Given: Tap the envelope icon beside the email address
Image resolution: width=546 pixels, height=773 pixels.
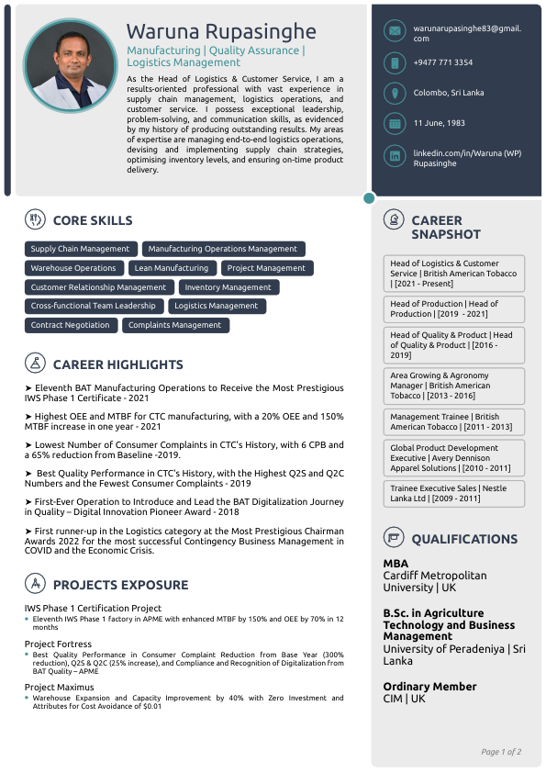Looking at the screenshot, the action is click(394, 31).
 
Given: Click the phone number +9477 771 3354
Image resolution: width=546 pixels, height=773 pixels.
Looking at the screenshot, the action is click(443, 62).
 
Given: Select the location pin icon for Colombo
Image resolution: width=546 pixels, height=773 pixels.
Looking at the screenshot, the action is click(394, 93).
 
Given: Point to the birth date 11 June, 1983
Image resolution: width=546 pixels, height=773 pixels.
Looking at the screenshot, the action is click(440, 123).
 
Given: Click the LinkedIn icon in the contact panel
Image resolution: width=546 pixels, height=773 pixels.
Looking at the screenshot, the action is click(394, 156).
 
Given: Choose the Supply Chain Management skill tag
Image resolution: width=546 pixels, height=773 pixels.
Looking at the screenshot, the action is click(80, 249).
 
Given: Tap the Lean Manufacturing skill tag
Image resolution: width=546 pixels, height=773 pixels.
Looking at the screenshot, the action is click(171, 268).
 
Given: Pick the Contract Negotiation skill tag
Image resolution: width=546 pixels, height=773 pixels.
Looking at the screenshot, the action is click(70, 325).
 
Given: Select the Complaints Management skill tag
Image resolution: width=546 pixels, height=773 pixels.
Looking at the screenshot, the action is click(174, 325).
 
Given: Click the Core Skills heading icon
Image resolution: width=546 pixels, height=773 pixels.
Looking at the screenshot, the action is click(35, 219).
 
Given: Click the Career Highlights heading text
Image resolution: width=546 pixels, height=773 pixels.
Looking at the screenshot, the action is click(117, 364).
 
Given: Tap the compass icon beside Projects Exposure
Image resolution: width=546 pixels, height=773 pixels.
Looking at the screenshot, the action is click(35, 584).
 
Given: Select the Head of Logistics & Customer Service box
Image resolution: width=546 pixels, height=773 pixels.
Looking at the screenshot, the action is click(453, 274).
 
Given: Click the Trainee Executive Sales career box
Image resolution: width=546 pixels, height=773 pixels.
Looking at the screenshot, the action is click(453, 494).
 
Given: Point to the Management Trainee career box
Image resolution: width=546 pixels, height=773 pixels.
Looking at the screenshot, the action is click(453, 421).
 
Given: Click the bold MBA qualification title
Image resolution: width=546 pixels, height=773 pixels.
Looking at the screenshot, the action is click(396, 564).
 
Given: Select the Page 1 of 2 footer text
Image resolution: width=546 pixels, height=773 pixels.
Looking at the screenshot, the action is click(501, 752).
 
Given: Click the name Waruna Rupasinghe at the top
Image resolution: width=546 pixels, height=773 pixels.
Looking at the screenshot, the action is click(220, 32).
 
